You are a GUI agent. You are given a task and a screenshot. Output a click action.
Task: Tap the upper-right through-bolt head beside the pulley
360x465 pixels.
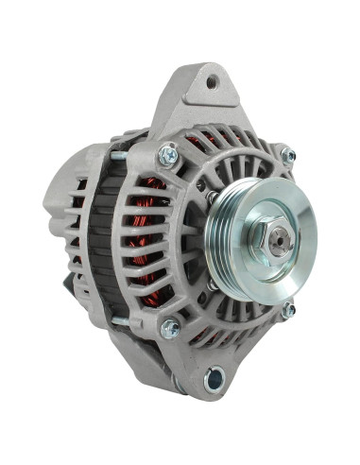click(x=288, y=157)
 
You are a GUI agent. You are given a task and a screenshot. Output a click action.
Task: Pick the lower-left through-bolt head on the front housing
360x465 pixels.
click(x=170, y=328)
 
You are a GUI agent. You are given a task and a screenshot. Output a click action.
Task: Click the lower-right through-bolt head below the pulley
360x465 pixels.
click(x=288, y=309)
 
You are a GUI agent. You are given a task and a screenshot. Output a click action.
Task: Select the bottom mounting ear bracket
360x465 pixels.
click(x=203, y=373)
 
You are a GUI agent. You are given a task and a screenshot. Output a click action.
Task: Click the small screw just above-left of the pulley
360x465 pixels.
click(x=216, y=198)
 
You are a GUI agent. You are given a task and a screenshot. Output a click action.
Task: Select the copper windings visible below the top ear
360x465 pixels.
click(x=201, y=142)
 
